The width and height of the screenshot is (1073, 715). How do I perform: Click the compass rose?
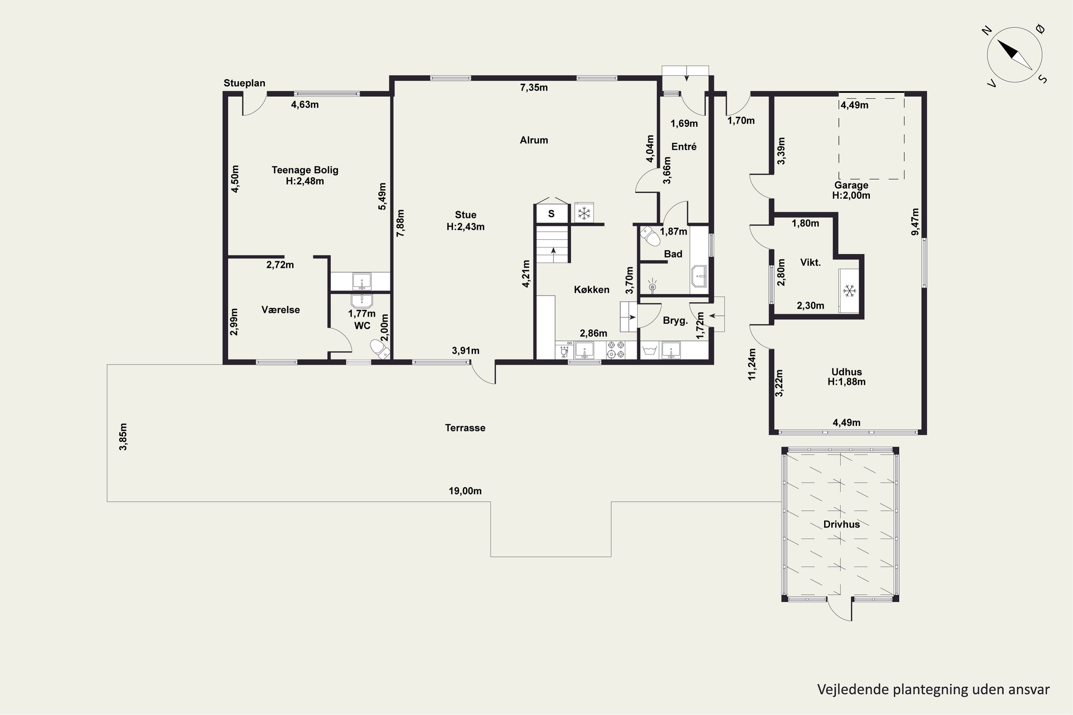1015,55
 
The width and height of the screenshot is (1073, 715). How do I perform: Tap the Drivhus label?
841,524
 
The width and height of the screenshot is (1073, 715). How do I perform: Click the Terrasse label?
465,428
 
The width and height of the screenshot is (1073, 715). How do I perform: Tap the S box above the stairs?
552,213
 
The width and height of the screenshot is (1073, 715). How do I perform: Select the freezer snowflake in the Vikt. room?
849,291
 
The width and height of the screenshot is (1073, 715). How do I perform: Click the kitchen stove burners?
616,350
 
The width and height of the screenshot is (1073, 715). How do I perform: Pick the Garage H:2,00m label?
851,190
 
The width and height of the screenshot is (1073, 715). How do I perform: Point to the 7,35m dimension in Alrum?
534,88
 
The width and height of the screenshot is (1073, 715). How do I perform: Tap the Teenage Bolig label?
305,175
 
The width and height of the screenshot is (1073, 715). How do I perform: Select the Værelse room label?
280,310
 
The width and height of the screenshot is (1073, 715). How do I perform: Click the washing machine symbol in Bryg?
649,350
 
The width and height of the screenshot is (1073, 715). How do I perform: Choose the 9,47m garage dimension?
915,222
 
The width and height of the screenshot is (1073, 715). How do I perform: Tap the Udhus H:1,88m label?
846,377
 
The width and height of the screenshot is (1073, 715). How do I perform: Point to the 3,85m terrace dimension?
123,437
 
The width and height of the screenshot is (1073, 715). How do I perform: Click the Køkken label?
592,290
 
